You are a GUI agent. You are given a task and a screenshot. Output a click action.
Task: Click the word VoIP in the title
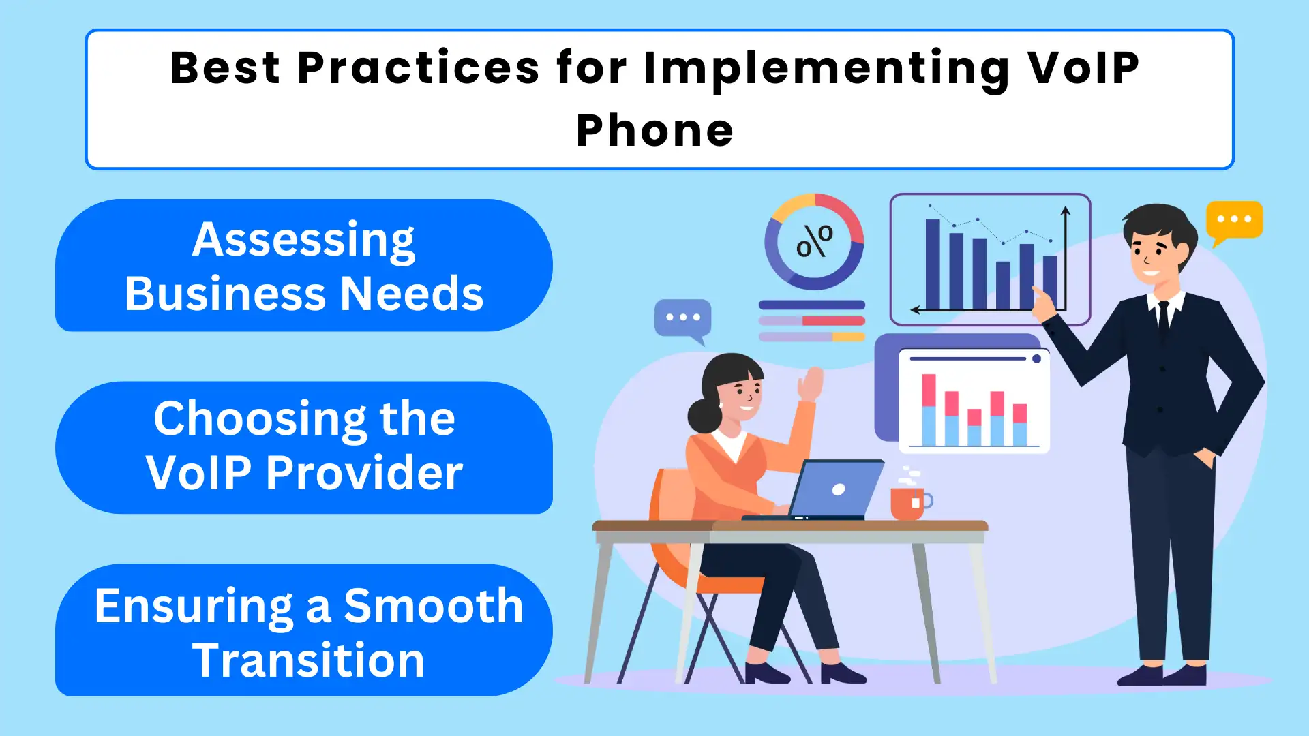(1083, 68)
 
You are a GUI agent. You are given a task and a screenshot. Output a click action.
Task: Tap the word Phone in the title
(654, 130)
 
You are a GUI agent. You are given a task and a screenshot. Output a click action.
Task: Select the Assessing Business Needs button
(303, 266)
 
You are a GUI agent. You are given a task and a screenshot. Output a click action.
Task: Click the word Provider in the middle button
(364, 472)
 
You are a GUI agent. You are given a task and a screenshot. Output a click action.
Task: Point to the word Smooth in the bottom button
(433, 605)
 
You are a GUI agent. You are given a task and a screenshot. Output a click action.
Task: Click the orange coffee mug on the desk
(907, 504)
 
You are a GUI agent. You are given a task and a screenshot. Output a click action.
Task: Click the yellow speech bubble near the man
(1234, 220)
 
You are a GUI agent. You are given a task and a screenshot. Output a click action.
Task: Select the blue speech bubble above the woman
(682, 318)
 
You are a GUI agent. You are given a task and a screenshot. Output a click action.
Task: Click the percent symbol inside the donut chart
(815, 241)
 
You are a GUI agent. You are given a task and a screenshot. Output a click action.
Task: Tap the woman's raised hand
(811, 383)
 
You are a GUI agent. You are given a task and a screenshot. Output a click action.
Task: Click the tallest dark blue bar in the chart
(933, 264)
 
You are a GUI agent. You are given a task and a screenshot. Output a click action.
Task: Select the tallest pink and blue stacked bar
(929, 409)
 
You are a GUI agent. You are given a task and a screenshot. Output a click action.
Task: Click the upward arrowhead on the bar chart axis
(1066, 211)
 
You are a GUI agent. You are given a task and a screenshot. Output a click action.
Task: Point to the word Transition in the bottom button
(308, 660)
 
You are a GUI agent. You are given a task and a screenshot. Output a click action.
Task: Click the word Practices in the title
(419, 68)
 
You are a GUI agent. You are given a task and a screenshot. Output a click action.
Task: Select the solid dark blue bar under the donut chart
(811, 305)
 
